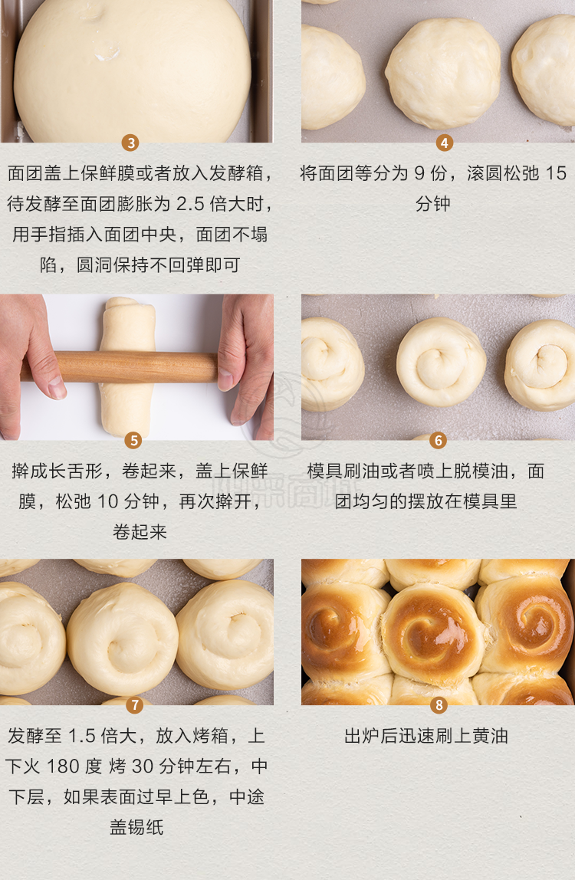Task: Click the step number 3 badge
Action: click(x=131, y=143)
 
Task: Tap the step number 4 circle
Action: click(x=444, y=143)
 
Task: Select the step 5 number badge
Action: click(x=133, y=441)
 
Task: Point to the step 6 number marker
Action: click(x=438, y=441)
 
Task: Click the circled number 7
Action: click(x=135, y=705)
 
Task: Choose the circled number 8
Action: click(x=439, y=705)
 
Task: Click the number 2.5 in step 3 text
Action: click(x=190, y=204)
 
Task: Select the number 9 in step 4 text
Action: click(x=419, y=173)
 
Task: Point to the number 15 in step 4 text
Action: click(x=556, y=173)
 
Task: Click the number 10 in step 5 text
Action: click(x=107, y=501)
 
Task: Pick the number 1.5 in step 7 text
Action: click(x=82, y=736)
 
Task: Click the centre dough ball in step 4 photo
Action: click(x=443, y=72)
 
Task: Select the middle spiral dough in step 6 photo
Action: click(x=442, y=362)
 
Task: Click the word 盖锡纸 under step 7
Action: click(x=136, y=826)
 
